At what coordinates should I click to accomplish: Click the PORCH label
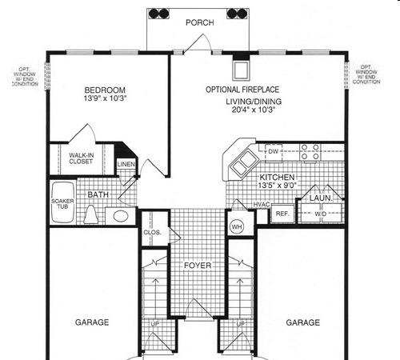tap(200, 22)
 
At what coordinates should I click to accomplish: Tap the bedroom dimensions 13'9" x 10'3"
tap(105, 98)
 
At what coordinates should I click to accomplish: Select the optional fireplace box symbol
tap(242, 70)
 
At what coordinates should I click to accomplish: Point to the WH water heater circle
tap(237, 227)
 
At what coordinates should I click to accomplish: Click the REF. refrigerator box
tap(282, 214)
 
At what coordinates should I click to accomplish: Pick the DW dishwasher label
tap(273, 151)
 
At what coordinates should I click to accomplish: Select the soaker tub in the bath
tap(62, 202)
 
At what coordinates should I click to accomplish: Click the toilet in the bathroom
tap(91, 214)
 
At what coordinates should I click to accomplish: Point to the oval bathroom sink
tap(121, 216)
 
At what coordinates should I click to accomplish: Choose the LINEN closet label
tap(126, 164)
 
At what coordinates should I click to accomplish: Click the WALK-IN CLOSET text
tap(81, 158)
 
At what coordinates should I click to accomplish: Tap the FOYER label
tap(198, 266)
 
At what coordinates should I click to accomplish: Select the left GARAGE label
tap(92, 322)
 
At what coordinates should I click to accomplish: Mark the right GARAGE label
tap(302, 322)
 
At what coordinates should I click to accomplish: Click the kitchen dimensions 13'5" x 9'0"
tap(278, 186)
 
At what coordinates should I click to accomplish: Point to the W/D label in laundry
tap(320, 214)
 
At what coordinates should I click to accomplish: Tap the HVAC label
tap(262, 205)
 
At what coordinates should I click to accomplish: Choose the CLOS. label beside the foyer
tap(152, 233)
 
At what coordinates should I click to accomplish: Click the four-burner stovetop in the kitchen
tap(310, 152)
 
